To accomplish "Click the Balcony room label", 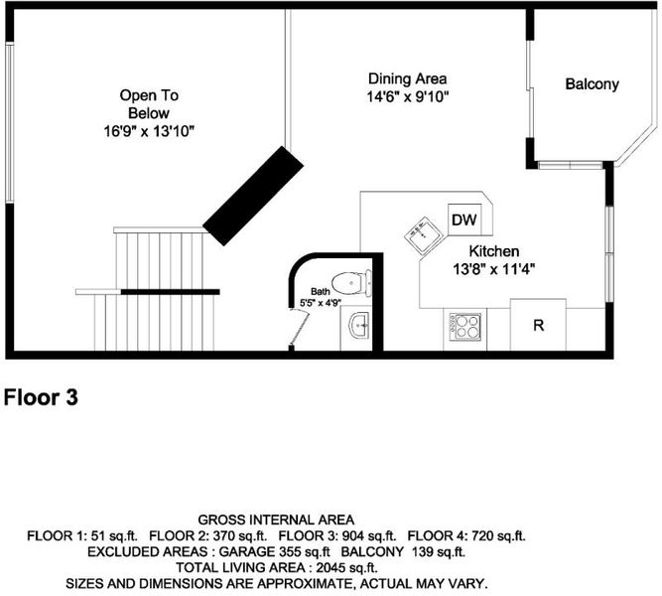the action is [x=592, y=84].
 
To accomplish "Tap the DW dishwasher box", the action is [x=464, y=220].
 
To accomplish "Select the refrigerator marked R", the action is [x=538, y=325].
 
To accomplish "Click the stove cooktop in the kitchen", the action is [x=464, y=327].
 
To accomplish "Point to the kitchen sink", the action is [x=423, y=235].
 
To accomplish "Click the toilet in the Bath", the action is [x=351, y=283].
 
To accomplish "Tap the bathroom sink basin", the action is [x=359, y=326].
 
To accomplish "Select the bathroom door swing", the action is [x=298, y=328].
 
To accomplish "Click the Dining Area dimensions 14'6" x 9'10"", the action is [x=407, y=97].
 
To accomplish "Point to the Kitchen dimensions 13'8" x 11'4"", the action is [x=494, y=269].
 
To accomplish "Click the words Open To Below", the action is [x=149, y=104].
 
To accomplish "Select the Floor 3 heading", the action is [x=41, y=397].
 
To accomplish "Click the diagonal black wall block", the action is [x=253, y=196].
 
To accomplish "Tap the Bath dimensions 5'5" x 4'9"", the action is [x=321, y=303].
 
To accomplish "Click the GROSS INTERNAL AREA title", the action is [x=276, y=520].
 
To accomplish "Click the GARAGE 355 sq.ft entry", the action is [x=274, y=551].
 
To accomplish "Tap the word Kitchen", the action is [x=494, y=251].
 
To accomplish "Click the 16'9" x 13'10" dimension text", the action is [x=149, y=131].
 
